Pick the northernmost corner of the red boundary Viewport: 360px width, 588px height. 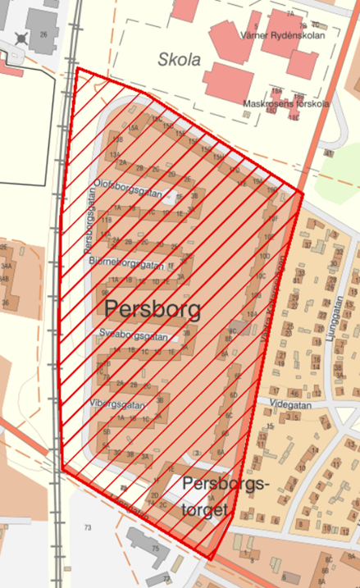click(77, 68)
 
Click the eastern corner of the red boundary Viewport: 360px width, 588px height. click(303, 194)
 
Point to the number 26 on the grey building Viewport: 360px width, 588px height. click(43, 34)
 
